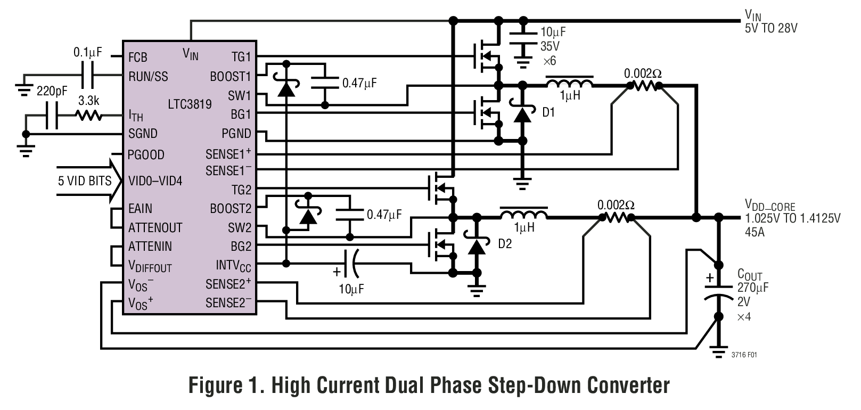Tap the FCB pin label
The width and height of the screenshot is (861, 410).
coord(137,58)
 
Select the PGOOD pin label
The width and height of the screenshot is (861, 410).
coord(146,155)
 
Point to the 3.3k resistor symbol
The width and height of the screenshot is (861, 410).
coord(88,116)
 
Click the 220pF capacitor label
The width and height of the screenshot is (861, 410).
coord(52,91)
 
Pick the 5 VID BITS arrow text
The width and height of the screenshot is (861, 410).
coord(85,181)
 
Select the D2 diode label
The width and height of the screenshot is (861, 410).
coord(504,244)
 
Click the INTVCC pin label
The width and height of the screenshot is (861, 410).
coord(233,265)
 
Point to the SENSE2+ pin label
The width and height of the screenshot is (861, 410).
coord(228,284)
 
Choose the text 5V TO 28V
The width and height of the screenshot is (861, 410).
coord(770,28)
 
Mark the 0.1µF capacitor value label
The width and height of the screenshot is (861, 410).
coord(87,53)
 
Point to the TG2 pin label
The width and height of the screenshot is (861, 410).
coord(241,190)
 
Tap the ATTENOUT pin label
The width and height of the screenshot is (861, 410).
coord(155,228)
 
